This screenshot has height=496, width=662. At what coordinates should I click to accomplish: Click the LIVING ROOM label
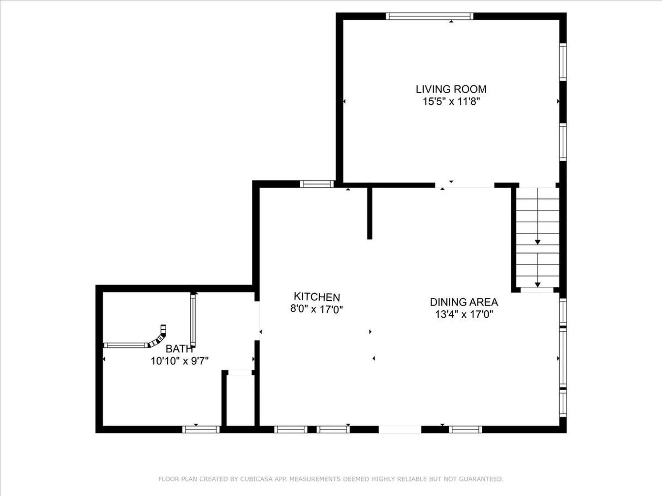coord(451,89)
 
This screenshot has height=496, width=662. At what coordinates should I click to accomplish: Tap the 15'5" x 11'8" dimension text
coord(451,101)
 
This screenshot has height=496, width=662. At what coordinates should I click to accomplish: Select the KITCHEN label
coord(317,297)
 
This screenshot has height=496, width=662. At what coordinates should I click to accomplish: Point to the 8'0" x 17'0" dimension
coord(317,309)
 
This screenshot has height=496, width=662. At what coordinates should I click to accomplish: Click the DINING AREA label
coord(464,302)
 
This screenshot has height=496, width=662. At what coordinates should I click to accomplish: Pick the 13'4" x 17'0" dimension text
coord(464,314)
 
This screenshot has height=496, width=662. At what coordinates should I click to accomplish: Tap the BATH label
coord(179,349)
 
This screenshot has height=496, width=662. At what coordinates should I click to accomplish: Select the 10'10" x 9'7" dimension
coord(180,361)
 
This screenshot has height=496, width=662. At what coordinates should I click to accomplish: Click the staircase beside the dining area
coord(538,238)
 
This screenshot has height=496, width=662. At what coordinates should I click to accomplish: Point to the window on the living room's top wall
coord(430,16)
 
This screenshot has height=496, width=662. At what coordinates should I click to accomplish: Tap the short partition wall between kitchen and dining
coord(370,213)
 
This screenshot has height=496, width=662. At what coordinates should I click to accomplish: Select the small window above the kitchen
coord(317,184)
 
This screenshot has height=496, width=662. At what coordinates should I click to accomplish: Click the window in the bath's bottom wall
coord(201,429)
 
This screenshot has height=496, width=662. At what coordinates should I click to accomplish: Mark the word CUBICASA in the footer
coord(256,479)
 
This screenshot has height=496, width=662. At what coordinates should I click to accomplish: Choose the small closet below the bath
coord(240,400)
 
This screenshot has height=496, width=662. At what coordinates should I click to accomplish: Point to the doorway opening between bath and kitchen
coord(257,321)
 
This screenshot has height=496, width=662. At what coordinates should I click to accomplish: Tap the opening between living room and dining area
coord(465,185)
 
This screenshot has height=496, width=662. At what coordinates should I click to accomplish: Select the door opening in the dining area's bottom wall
coord(400,429)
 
